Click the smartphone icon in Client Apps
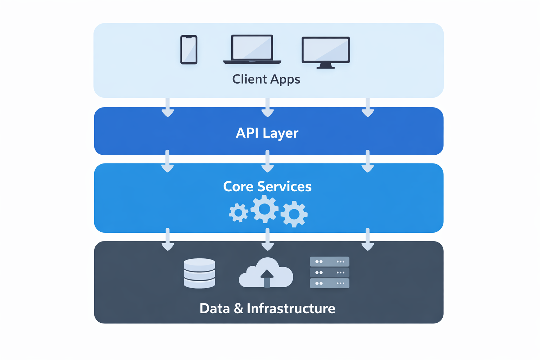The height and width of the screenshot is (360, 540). (x=189, y=50)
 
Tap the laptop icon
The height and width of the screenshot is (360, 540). (x=252, y=49)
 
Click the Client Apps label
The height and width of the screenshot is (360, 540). (x=266, y=79)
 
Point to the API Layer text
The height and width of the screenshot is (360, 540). (x=267, y=133)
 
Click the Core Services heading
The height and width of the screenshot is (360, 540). (x=267, y=187)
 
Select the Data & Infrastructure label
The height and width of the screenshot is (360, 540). (x=267, y=309)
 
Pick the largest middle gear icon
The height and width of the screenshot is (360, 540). (x=264, y=209)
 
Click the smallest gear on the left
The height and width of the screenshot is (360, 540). (x=238, y=213)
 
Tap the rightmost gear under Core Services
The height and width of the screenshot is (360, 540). (x=294, y=214)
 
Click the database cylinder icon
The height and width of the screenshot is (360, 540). (x=199, y=274)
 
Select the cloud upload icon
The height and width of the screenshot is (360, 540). (x=266, y=274)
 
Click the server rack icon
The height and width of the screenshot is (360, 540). (x=329, y=272)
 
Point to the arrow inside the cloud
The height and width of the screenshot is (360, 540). (x=267, y=278)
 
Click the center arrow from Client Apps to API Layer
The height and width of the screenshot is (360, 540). (x=268, y=108)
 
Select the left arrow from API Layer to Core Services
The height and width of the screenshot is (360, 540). (x=167, y=161)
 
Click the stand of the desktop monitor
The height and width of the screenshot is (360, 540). (x=326, y=66)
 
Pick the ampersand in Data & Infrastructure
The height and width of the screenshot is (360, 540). (x=238, y=309)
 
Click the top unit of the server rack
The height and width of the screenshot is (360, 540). (x=329, y=262)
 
